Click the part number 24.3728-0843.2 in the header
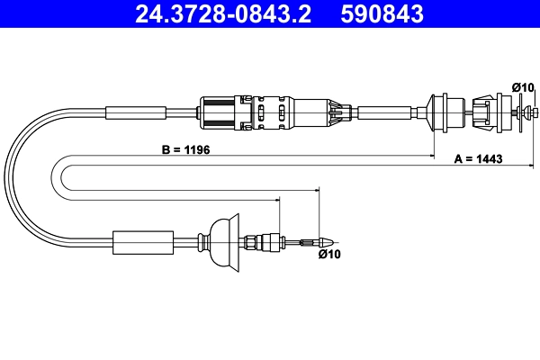(223, 14)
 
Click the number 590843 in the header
(382, 14)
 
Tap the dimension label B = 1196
(185, 150)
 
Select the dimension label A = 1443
(479, 158)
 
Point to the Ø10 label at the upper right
(522, 87)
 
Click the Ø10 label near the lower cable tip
(329, 254)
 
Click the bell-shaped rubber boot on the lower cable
(224, 242)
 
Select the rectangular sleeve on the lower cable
(143, 243)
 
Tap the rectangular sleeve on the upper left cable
(136, 112)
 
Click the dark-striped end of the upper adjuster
(218, 113)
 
